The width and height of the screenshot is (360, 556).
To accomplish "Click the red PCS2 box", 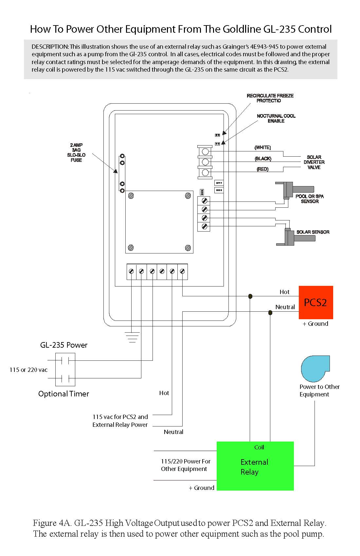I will coord(315,303).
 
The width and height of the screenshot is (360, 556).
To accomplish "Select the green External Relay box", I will coord(255,466).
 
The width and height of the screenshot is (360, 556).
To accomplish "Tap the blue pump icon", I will coord(315,369).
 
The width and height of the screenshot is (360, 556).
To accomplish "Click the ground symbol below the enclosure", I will coord(132,337).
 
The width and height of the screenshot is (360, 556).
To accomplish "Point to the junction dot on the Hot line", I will coord(250,296).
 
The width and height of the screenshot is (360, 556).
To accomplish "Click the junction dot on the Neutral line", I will coord(270,313).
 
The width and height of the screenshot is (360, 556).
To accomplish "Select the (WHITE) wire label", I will coord(262,148).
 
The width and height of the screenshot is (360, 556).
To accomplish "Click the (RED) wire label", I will coord(262,169).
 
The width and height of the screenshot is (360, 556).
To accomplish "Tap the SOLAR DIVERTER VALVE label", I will coord(314,162).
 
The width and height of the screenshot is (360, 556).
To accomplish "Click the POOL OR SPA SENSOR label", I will coord(309,199).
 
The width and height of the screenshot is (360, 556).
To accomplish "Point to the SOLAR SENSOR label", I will coord(313,232).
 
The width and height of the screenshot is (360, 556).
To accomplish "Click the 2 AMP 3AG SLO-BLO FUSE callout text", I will coord(76,152).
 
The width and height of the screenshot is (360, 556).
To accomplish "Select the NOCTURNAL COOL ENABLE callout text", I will coord(276,118).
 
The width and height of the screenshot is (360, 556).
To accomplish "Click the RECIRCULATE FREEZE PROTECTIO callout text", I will coord(270,98).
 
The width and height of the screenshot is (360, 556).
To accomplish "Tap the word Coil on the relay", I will coord(259,447).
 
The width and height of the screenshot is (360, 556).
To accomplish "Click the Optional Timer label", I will coord(63,394).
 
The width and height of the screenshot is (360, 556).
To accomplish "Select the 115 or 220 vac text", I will coord(28,370).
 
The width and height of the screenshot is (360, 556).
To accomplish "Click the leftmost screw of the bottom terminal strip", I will coord(131,271).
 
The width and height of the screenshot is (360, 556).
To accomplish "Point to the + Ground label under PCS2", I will coord(315,324).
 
